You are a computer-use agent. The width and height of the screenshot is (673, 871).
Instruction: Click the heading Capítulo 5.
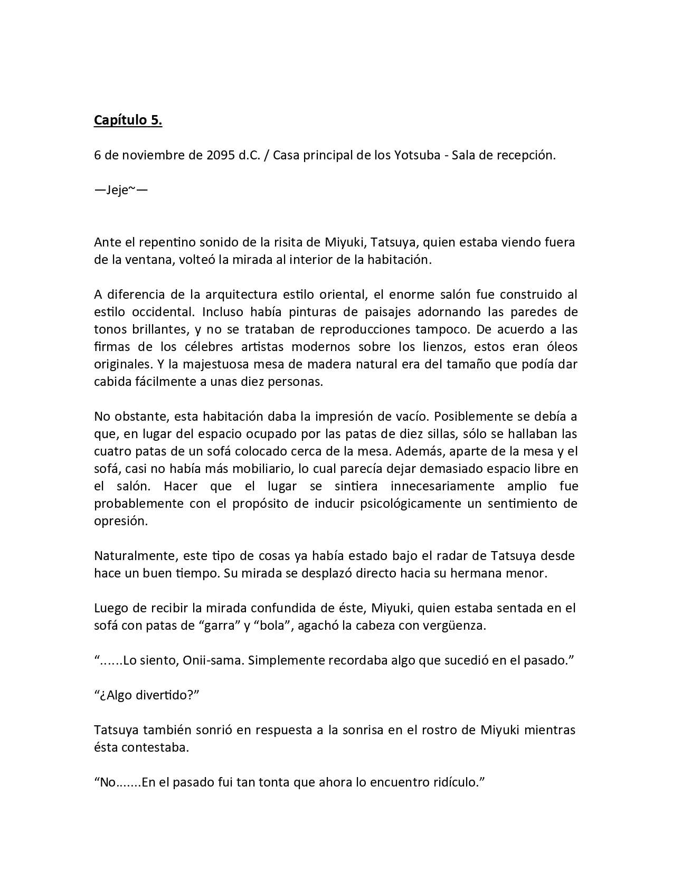click(128, 120)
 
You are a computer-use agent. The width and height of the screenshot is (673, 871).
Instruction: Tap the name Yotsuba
click(415, 156)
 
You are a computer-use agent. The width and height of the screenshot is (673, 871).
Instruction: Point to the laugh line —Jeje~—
click(121, 190)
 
